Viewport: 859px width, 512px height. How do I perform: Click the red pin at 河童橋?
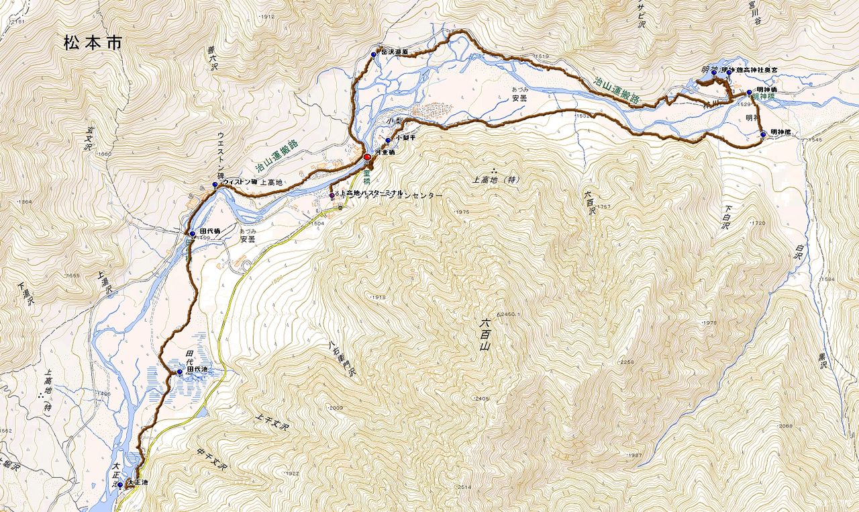[367, 157]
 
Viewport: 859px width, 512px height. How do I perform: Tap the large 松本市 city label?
[93, 44]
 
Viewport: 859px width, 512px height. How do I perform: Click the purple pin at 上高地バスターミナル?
[332, 196]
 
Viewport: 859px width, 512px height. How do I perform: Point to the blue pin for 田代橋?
[193, 234]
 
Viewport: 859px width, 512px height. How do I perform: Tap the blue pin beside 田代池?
[180, 372]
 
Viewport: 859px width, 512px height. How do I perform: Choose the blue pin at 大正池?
[120, 484]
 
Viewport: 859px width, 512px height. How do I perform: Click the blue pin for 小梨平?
[388, 140]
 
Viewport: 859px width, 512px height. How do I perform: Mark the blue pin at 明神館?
[764, 134]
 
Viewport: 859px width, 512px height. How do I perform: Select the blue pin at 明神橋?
[749, 93]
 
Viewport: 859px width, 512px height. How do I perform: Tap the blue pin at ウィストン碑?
[215, 185]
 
